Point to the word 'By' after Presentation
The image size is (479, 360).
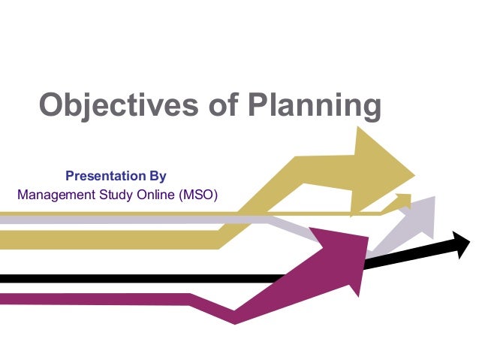(x=154, y=177)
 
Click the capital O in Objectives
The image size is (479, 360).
(x=52, y=106)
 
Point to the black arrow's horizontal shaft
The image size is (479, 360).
(x=150, y=279)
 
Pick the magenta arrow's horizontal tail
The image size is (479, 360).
(x=90, y=298)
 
